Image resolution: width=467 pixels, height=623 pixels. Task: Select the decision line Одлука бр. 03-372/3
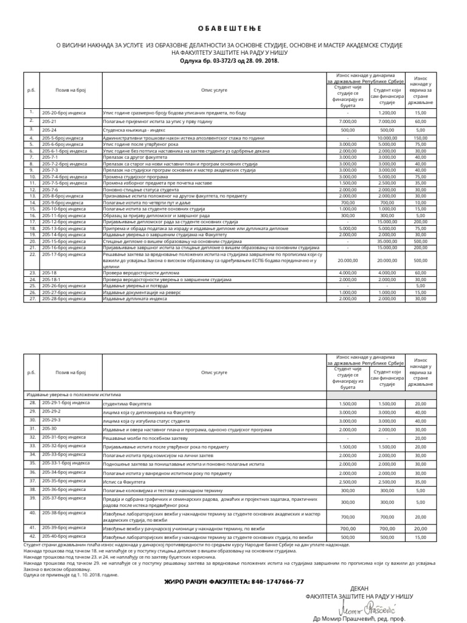pos(233,61)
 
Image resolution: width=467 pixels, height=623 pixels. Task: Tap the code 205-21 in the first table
pos(49,121)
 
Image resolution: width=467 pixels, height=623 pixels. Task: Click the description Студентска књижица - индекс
pos(136,130)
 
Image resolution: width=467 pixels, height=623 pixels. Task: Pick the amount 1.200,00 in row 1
pos(387,113)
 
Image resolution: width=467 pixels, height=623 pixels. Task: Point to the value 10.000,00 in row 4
pos(387,139)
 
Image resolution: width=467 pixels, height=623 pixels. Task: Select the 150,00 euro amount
pos(421,139)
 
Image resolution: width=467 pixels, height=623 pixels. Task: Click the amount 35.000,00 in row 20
pos(387,242)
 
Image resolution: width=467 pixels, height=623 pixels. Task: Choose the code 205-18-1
pos(52,279)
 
